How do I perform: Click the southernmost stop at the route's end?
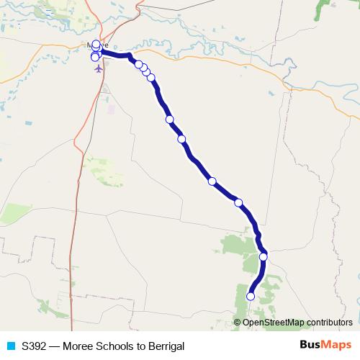(251, 296)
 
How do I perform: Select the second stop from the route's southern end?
(264, 256)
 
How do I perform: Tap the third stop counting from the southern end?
(238, 202)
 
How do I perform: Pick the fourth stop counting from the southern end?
(212, 181)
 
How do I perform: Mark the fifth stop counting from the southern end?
(181, 139)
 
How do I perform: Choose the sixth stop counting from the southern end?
(169, 120)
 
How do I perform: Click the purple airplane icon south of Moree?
(98, 69)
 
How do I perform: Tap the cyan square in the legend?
(11, 346)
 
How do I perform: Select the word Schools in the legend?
(115, 346)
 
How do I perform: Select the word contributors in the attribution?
(328, 323)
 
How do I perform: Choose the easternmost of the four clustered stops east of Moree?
(151, 77)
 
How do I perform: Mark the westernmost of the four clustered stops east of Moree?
(139, 64)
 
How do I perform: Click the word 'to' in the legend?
(141, 346)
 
